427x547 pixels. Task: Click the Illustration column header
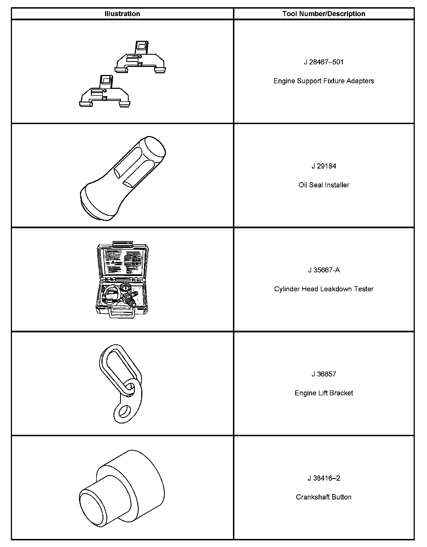[x=122, y=14]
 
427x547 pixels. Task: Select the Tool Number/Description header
[x=324, y=14]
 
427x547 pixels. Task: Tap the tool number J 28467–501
[x=324, y=62]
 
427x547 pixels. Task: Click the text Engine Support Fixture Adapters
[x=324, y=81]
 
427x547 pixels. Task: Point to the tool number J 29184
[x=324, y=166]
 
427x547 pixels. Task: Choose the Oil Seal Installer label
[x=324, y=185]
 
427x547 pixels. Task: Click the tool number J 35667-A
[x=324, y=270]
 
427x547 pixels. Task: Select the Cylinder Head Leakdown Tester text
[x=324, y=289]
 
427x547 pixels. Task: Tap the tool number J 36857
[x=324, y=374]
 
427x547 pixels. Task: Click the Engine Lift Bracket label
[x=324, y=393]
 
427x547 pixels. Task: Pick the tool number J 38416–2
[x=324, y=478]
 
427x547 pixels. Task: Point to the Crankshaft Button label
[x=324, y=497]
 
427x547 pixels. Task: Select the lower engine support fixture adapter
[x=105, y=93]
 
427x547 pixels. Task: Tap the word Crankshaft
[x=313, y=497]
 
